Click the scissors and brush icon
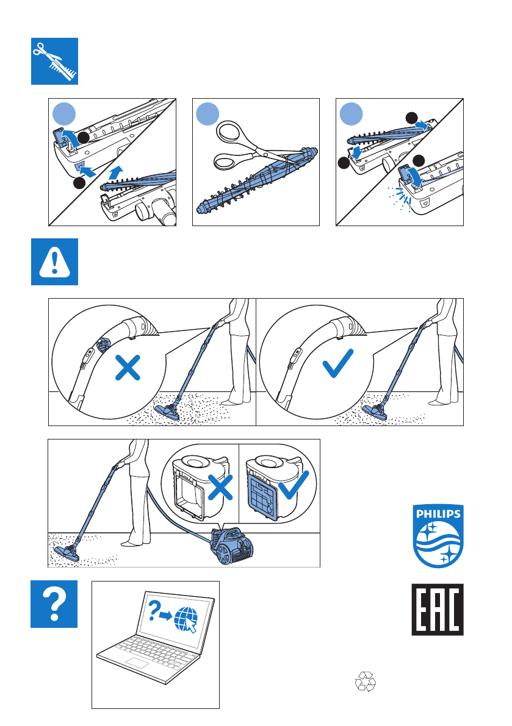coord(55,61)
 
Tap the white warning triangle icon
coord(55,262)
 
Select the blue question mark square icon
coord(55,603)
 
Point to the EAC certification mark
coord(437,610)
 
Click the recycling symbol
coord(366,681)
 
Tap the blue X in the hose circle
coord(129,369)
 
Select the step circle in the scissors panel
coord(209,113)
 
